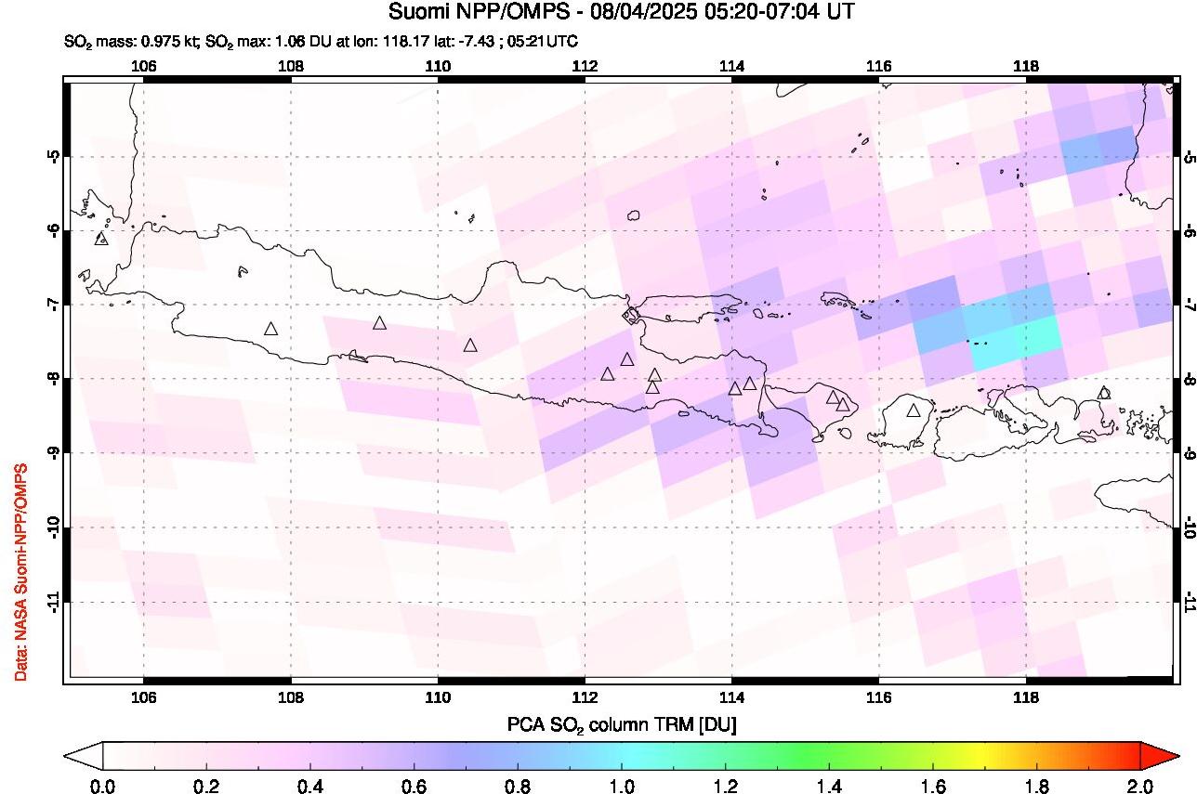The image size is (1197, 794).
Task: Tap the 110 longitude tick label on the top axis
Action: (x=438, y=66)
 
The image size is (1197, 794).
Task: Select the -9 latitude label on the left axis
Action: (x=55, y=453)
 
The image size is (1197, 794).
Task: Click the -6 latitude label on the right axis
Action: (x=1187, y=230)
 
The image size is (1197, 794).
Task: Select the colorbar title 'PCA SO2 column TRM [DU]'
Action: (x=621, y=725)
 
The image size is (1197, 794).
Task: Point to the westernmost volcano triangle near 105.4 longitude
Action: (x=101, y=239)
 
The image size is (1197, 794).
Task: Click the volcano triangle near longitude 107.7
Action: (x=270, y=329)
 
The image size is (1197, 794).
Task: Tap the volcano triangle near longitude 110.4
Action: (x=470, y=345)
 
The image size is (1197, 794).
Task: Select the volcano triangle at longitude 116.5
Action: (x=914, y=410)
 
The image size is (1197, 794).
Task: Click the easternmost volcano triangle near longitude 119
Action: (x=1104, y=393)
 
